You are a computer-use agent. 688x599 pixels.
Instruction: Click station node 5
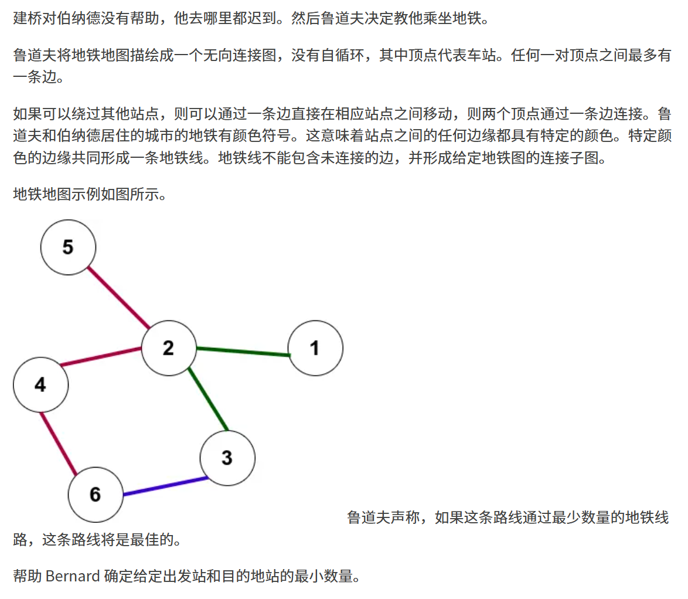click(68, 248)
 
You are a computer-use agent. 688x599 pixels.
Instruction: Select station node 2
click(168, 348)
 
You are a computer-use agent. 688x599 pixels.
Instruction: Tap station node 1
click(315, 348)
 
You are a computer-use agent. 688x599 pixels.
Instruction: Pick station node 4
click(40, 385)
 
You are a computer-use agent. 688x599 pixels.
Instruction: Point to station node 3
click(227, 458)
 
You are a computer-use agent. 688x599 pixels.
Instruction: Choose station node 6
click(95, 495)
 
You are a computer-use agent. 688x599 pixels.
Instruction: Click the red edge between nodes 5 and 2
click(118, 297)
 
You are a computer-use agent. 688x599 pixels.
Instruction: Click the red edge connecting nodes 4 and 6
click(59, 444)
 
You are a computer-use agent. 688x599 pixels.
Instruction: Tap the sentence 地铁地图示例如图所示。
click(90, 194)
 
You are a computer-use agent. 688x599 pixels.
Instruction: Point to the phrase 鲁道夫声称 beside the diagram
click(384, 517)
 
